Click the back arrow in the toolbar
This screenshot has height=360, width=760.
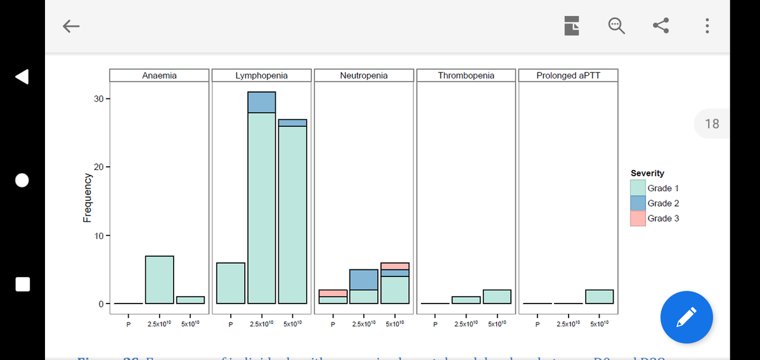[x=71, y=26]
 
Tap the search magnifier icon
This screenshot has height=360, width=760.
[x=616, y=26]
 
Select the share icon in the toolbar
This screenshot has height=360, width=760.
[x=661, y=26]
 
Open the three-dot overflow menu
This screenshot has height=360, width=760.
[x=707, y=26]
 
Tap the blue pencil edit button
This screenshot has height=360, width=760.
[x=686, y=317]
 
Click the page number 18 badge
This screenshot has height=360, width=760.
[x=712, y=124]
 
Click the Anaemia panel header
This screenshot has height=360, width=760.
[x=159, y=75]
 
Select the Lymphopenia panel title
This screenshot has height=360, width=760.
[x=261, y=75]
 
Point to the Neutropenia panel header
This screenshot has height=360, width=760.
[x=364, y=75]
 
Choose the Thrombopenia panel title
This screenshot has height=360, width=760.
[x=466, y=75]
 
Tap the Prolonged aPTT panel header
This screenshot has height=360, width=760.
[x=568, y=75]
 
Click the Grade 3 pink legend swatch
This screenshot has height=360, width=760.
[x=638, y=219]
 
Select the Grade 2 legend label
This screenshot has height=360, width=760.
[x=663, y=203]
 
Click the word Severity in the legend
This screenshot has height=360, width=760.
[x=647, y=173]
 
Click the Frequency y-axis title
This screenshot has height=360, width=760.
[x=87, y=198]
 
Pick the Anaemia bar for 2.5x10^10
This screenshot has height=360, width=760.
[x=159, y=280]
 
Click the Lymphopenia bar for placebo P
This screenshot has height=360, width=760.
[x=231, y=283]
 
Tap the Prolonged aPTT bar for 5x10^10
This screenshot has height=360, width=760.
[x=599, y=297]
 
